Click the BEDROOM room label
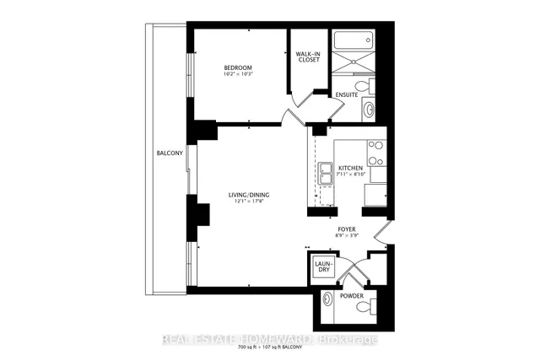point(239,67)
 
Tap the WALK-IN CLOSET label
point(308,58)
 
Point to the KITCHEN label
point(351,169)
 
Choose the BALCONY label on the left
point(170,153)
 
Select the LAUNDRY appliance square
point(322,267)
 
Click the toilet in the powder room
point(364,310)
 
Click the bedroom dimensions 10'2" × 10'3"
point(239,74)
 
